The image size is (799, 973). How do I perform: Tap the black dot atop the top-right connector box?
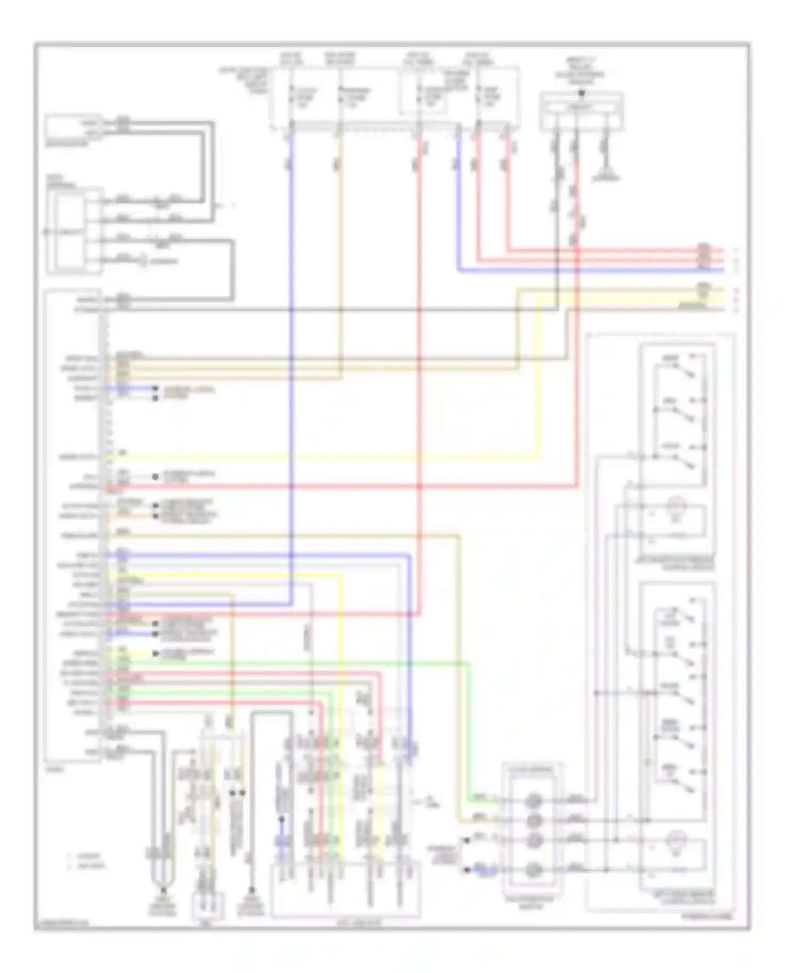pyautogui.click(x=582, y=93)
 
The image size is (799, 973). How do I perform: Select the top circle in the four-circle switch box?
pyautogui.click(x=534, y=800)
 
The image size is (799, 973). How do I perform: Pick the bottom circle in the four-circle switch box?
pyautogui.click(x=534, y=870)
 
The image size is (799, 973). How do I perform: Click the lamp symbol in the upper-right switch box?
pyautogui.click(x=676, y=504)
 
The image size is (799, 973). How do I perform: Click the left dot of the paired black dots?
pyautogui.click(x=233, y=793)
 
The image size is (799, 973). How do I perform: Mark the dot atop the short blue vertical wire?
pyautogui.click(x=282, y=820)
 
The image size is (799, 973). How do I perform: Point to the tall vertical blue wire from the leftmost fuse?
pyautogui.click(x=291, y=373)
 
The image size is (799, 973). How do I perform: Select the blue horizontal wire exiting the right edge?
pyautogui.click(x=586, y=270)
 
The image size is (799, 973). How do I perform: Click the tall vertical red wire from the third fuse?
pyautogui.click(x=419, y=373)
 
